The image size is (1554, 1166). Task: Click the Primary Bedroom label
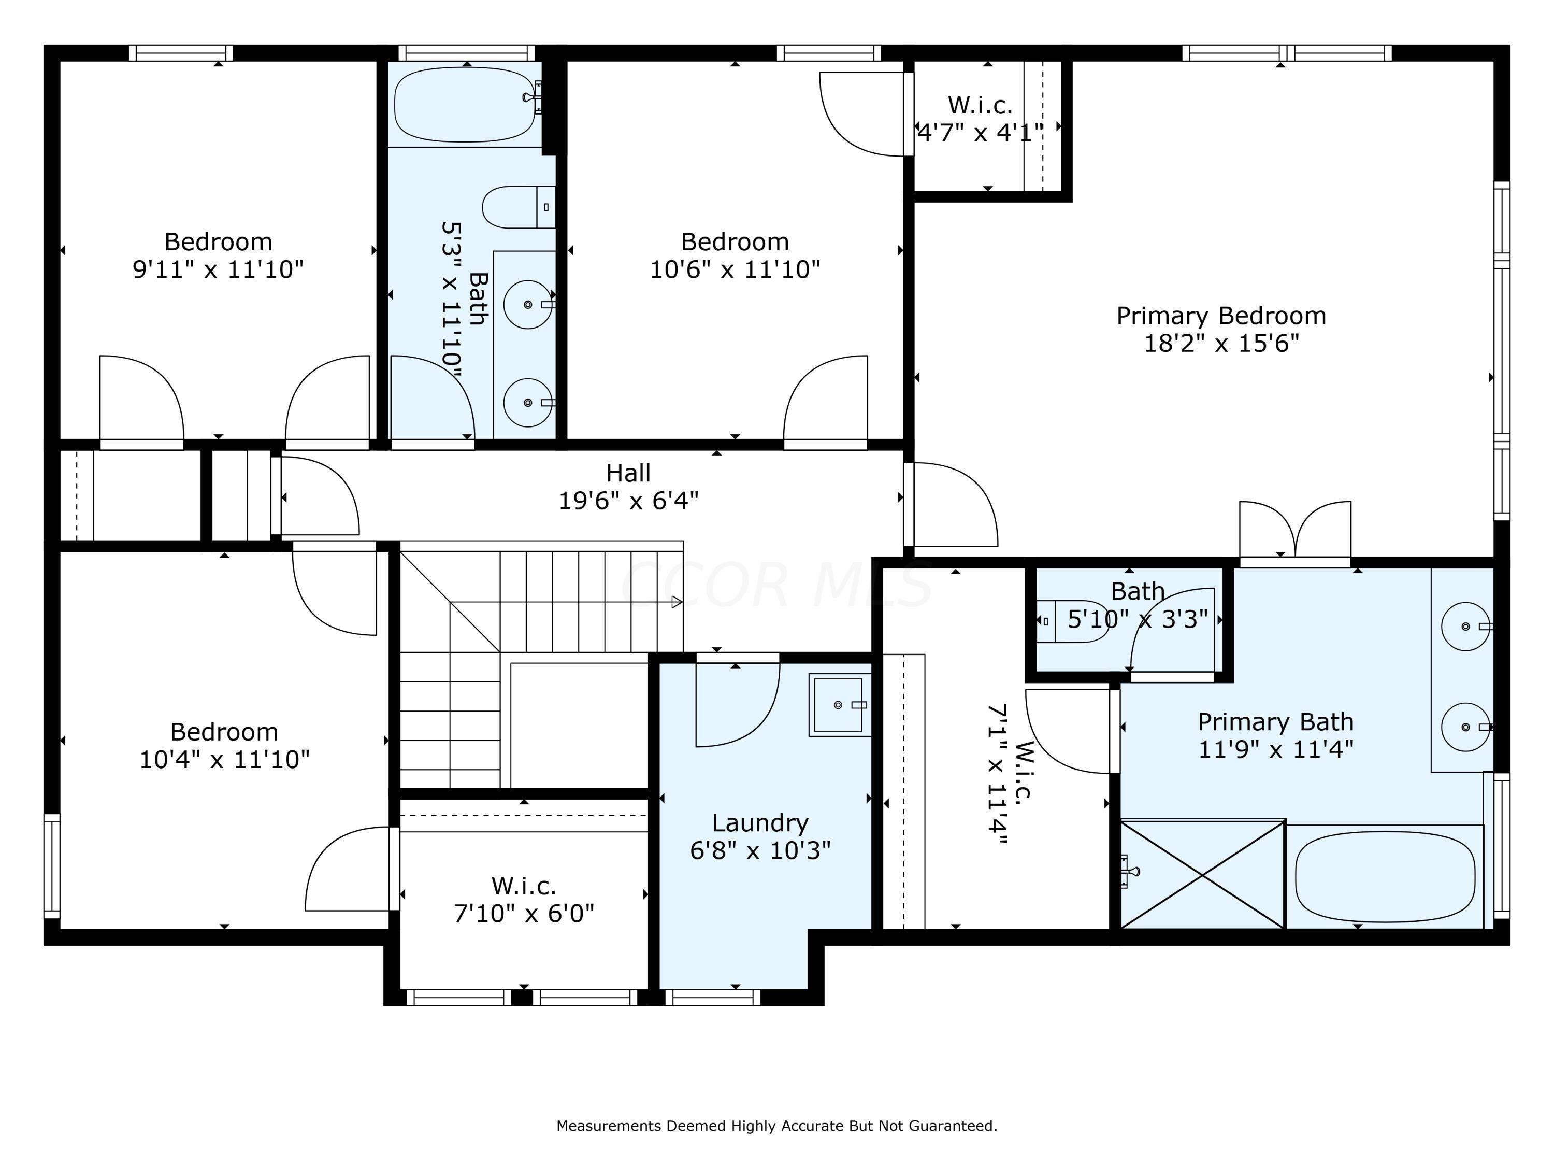(x=1221, y=316)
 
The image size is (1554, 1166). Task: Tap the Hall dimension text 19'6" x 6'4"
(x=629, y=501)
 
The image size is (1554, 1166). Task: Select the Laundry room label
(x=760, y=822)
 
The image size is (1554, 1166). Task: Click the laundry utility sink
(x=840, y=705)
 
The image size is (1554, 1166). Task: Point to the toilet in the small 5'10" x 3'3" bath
(x=1073, y=621)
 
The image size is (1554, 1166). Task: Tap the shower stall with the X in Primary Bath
(x=1203, y=874)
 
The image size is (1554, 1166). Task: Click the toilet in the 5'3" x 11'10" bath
(x=519, y=207)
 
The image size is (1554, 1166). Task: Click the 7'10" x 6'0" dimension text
(x=524, y=914)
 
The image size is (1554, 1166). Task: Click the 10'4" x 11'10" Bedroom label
(x=224, y=732)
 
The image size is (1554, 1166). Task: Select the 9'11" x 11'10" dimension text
(x=219, y=269)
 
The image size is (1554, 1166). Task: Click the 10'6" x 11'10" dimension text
(x=735, y=269)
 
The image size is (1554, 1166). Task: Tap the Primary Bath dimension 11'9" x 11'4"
(x=1275, y=749)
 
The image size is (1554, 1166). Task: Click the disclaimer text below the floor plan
(x=776, y=1126)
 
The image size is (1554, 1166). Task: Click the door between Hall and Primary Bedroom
(x=952, y=505)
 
